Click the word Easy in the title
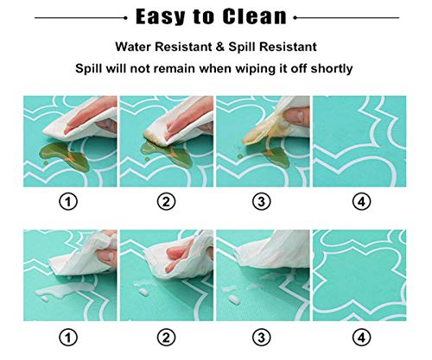tap(160, 17)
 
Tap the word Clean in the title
tap(255, 16)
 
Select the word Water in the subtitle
tap(133, 47)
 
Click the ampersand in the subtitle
tap(220, 47)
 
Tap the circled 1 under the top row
tap(68, 201)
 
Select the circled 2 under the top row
tap(166, 201)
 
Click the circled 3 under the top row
tap(262, 201)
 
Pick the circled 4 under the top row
tap(361, 201)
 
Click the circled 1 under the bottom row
tap(68, 338)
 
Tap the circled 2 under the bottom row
tap(166, 338)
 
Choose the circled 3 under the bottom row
tap(262, 338)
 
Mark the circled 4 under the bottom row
tap(361, 338)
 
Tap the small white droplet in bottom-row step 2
tap(143, 292)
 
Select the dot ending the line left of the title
tap(125, 18)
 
